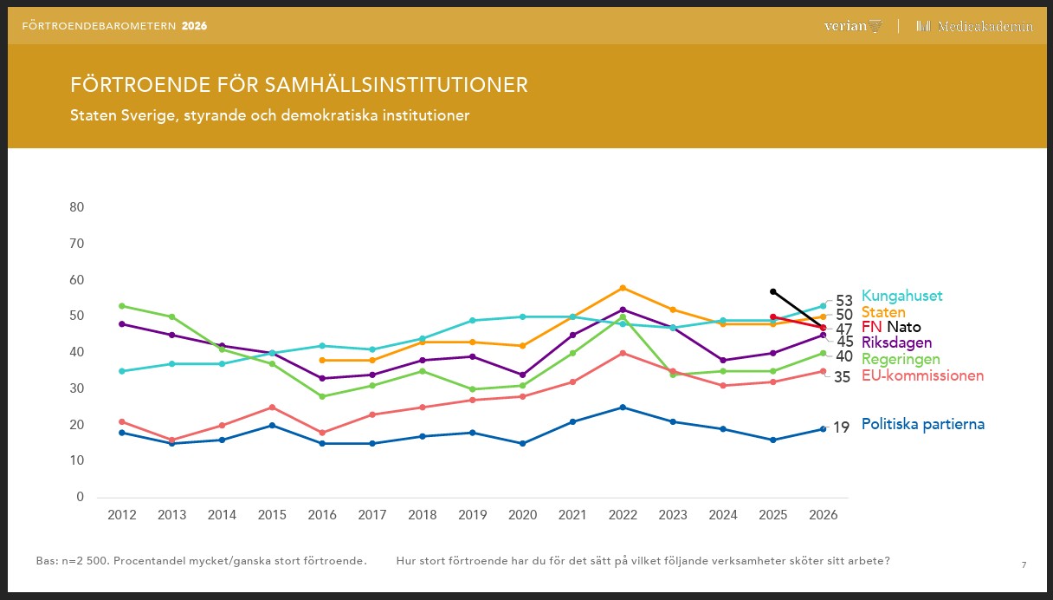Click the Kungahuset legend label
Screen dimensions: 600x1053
click(901, 296)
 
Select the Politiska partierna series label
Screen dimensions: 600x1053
click(922, 424)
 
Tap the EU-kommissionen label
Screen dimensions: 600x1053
click(922, 375)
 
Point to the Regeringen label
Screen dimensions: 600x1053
click(901, 359)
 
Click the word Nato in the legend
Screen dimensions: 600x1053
click(903, 327)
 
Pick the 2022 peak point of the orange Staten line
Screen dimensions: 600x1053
click(623, 288)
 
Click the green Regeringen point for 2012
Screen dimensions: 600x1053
click(122, 306)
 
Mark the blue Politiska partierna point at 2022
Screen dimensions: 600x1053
click(623, 408)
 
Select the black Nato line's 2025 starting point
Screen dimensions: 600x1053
click(773, 291)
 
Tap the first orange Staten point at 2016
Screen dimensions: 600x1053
click(322, 360)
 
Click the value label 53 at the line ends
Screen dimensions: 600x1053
click(844, 301)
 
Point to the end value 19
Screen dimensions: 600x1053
click(842, 427)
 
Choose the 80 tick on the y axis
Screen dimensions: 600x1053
click(76, 207)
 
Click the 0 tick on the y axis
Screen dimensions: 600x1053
click(80, 497)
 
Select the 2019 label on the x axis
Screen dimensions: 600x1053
click(472, 515)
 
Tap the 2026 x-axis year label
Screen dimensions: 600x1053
click(823, 515)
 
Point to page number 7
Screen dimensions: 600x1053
click(1024, 565)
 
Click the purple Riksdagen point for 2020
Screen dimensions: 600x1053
click(522, 375)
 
